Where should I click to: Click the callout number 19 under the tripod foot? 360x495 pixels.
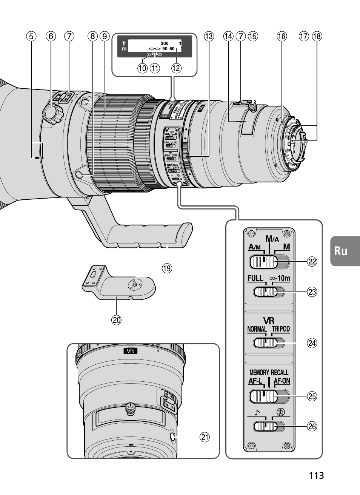click(x=166, y=268)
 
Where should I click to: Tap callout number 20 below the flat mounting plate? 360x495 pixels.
click(x=116, y=320)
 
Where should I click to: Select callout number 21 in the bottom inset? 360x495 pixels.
click(x=204, y=437)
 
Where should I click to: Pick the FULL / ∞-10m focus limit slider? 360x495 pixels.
click(x=266, y=291)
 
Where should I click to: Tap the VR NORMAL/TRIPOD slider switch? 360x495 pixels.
click(x=266, y=342)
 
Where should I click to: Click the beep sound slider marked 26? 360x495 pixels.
click(x=266, y=426)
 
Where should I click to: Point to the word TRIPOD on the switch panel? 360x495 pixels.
click(x=281, y=329)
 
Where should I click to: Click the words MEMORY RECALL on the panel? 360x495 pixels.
click(x=269, y=372)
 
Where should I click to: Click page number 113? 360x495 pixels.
click(x=316, y=475)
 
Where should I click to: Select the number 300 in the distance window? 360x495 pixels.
click(x=164, y=43)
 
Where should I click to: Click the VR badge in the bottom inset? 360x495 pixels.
click(x=130, y=351)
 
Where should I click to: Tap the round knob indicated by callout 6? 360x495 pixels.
click(x=52, y=112)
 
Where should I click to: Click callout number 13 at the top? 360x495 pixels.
click(x=209, y=36)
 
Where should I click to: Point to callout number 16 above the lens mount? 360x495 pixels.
click(x=281, y=36)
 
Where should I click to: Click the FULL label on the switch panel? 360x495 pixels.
click(x=255, y=278)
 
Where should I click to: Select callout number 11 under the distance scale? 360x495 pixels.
click(x=155, y=68)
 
